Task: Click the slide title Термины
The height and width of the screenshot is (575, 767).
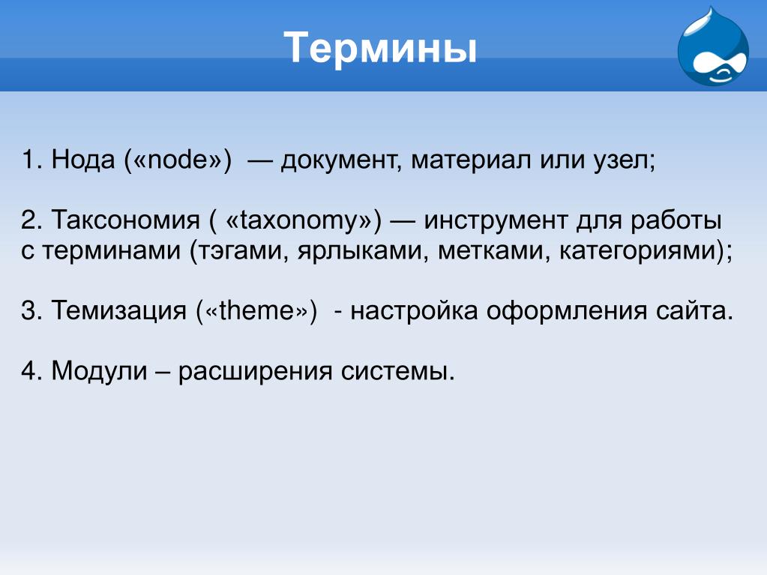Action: (x=380, y=48)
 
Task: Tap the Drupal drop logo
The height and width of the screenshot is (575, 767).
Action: (x=713, y=46)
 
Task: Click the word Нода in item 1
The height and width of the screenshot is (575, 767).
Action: (x=82, y=160)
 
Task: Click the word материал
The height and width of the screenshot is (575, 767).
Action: (x=471, y=160)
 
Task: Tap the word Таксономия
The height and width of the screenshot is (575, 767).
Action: (x=126, y=220)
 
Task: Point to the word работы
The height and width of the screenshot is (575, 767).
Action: (x=676, y=221)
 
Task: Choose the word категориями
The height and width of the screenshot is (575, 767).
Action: (x=638, y=251)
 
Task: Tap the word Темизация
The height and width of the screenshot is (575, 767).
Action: (x=119, y=310)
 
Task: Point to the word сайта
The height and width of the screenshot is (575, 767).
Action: (x=691, y=311)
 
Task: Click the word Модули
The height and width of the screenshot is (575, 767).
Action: (x=99, y=371)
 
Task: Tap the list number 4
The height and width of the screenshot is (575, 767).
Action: (x=28, y=371)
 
